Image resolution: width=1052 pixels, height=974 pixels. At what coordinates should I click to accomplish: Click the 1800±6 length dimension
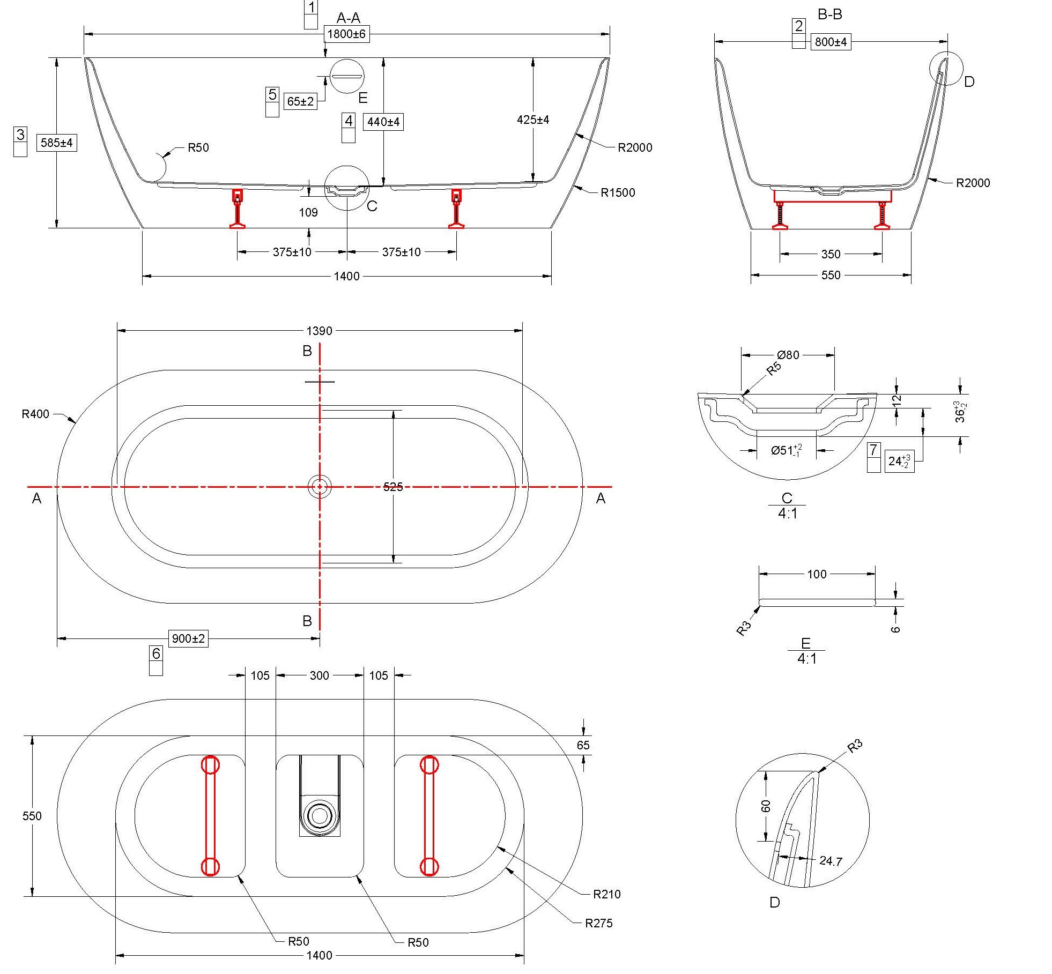tap(346, 34)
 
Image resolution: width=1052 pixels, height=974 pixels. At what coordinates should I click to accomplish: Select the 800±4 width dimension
tap(831, 42)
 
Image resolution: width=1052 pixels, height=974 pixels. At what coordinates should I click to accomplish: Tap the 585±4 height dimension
tap(56, 143)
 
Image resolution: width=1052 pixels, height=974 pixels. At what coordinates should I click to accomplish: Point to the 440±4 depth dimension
tap(383, 122)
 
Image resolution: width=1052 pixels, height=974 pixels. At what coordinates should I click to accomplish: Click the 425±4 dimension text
tap(532, 120)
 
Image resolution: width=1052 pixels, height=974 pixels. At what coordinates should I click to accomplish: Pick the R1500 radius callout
tap(618, 193)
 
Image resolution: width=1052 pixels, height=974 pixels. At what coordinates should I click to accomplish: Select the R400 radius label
tap(35, 414)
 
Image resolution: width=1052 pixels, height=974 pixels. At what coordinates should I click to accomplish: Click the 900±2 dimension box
tap(188, 638)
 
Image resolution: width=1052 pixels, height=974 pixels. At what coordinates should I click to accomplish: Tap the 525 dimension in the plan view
tap(393, 487)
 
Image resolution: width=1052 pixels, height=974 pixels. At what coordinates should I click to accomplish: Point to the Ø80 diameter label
tap(788, 355)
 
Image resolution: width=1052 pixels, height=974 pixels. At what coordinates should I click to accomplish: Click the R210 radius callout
tap(606, 894)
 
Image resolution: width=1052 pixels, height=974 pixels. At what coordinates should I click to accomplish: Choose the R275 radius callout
tap(598, 923)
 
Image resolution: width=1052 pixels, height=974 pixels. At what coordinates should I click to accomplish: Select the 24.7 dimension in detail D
tap(831, 861)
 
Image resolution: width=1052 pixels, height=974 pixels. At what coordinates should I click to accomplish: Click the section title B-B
tap(829, 14)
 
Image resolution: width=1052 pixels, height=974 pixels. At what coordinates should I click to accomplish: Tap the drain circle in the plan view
tap(320, 487)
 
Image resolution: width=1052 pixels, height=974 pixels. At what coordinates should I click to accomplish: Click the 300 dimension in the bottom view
tap(319, 675)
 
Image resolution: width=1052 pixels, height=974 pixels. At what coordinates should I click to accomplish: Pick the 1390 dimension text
tap(319, 331)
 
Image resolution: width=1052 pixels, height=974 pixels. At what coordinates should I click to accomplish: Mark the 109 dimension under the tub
tap(308, 213)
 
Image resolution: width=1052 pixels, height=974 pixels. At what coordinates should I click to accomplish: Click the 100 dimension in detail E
tap(817, 575)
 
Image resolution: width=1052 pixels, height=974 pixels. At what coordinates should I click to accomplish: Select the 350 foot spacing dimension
tap(831, 254)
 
